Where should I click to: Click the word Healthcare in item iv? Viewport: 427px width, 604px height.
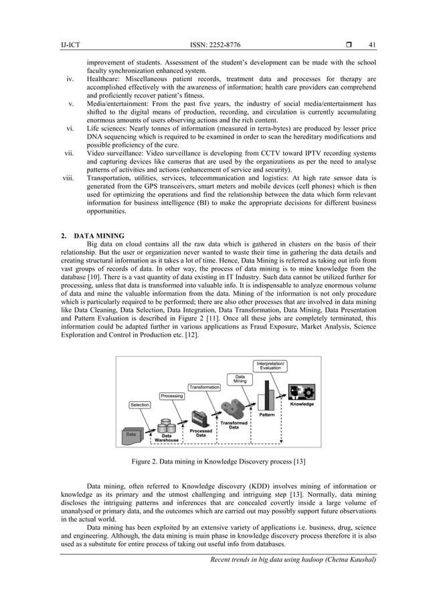(x=104, y=79)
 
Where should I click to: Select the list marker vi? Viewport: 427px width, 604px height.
(x=72, y=127)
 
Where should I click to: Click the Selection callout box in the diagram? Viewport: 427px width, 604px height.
(x=140, y=404)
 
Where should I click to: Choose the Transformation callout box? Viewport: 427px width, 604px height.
(x=204, y=387)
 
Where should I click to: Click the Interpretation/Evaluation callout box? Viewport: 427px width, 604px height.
(x=270, y=366)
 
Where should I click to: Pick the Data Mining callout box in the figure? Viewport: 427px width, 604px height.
(x=240, y=378)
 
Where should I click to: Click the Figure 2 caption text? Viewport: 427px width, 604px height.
(x=213, y=462)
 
